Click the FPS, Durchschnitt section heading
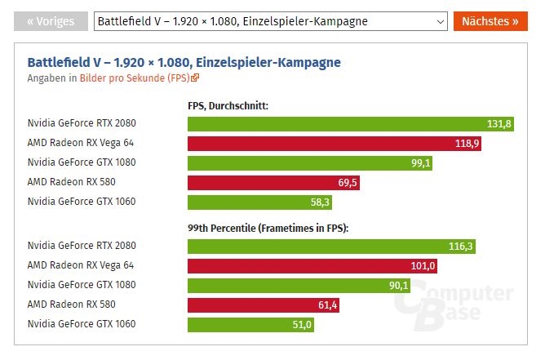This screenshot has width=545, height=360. [228, 106]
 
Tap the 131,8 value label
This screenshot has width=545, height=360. [498, 124]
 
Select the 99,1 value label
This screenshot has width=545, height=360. [421, 163]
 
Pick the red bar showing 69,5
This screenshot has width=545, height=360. [273, 183]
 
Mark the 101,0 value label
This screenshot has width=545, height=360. [424, 266]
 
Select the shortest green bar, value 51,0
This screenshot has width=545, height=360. [250, 325]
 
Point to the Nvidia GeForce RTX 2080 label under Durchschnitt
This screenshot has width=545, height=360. [82, 123]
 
